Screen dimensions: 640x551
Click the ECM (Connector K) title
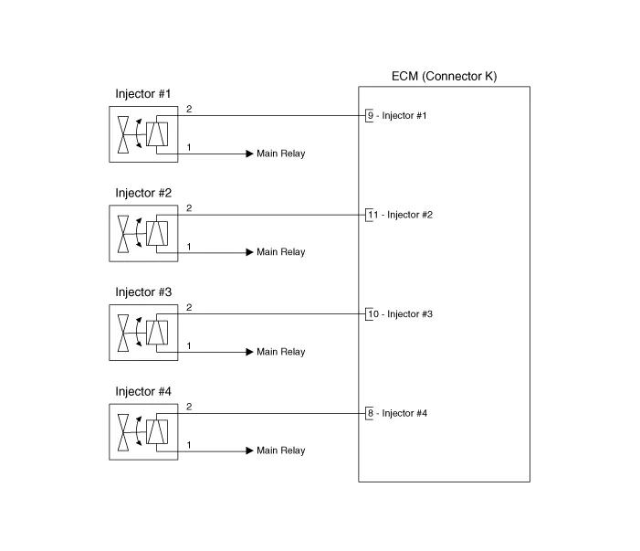click(444, 77)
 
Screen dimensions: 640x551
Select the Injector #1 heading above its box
click(142, 94)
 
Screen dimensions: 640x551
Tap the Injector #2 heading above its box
click(143, 193)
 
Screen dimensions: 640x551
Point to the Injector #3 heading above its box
click(143, 292)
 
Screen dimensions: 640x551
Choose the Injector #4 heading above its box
click(143, 391)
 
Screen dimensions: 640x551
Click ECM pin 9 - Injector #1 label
click(397, 116)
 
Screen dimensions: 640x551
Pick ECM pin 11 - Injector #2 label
click(400, 215)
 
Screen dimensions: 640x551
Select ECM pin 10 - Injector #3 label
click(400, 314)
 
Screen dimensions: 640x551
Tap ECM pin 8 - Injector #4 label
click(397, 413)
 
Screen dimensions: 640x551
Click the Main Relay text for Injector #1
click(281, 154)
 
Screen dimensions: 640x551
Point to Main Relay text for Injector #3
click(281, 352)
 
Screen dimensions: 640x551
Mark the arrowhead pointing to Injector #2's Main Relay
click(250, 252)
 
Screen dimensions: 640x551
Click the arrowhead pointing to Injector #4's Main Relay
click(250, 450)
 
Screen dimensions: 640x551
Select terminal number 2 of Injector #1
click(189, 109)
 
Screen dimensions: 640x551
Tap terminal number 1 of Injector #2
click(189, 247)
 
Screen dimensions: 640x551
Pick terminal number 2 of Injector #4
click(189, 407)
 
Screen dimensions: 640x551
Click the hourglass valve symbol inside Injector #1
click(123, 135)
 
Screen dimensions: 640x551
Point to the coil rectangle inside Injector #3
click(157, 333)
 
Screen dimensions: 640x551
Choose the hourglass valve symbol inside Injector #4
click(123, 432)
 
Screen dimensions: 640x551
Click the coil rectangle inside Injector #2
click(157, 233)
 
